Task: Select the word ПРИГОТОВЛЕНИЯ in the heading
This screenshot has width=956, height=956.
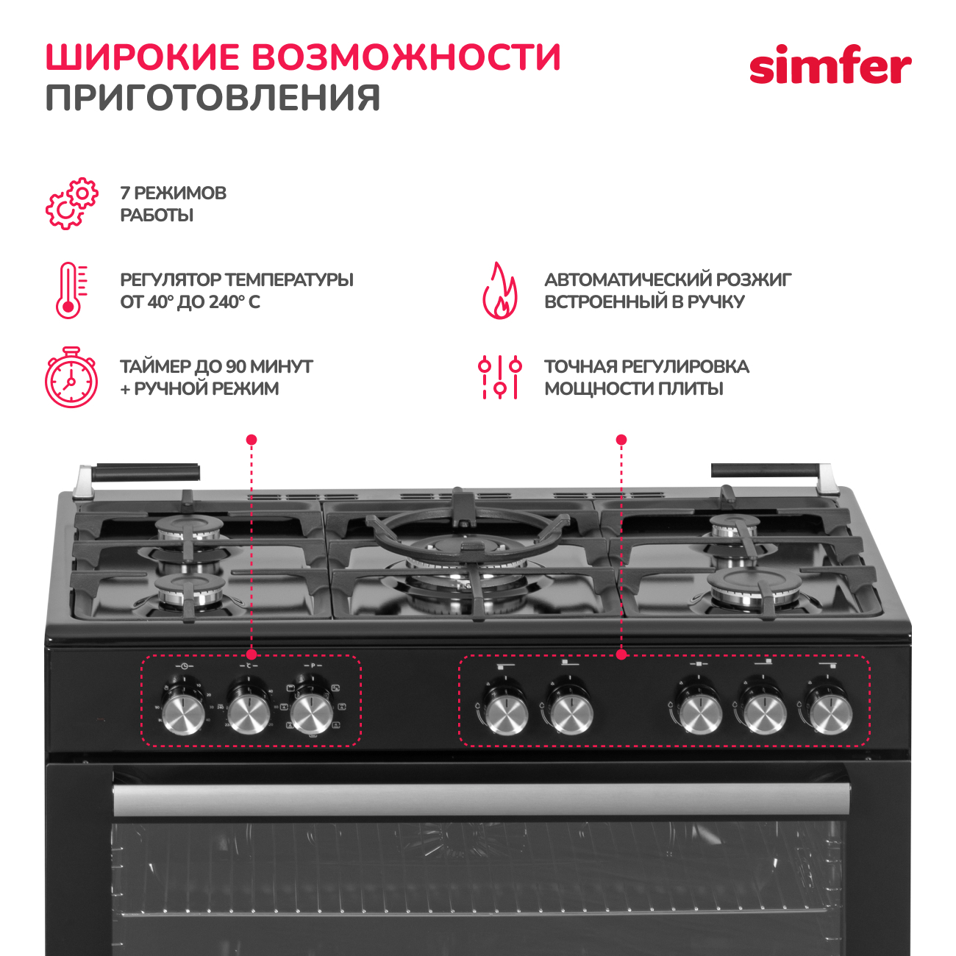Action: pos(213,98)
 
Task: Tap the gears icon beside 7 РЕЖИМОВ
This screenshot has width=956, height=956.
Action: pos(71,203)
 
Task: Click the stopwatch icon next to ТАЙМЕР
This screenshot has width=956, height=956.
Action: pos(71,378)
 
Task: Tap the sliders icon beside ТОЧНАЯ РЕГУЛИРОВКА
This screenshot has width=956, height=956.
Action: pos(499,377)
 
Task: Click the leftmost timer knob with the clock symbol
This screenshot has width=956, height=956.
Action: pos(183,713)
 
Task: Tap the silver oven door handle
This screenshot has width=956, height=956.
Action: pos(481,800)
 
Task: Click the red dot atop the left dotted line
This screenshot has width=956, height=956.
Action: pos(252,440)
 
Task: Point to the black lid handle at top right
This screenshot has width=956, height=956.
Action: pos(765,471)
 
